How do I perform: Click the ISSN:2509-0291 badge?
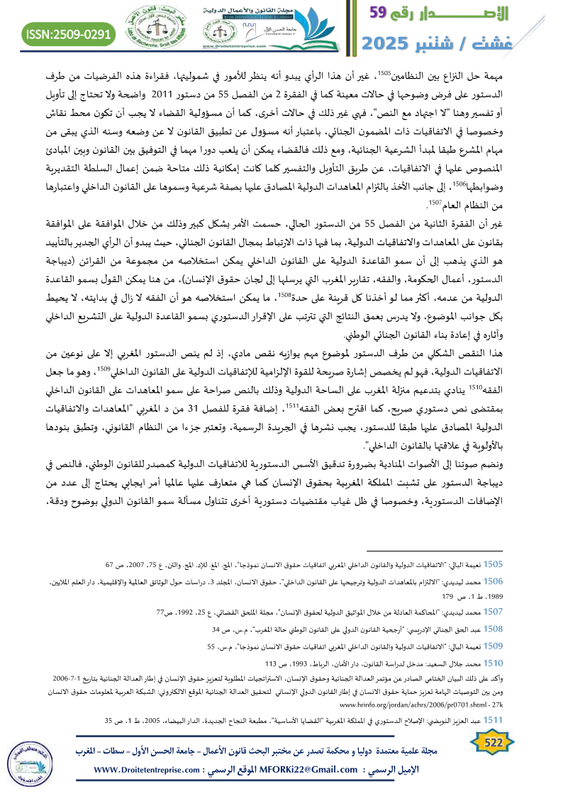coord(69,33)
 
